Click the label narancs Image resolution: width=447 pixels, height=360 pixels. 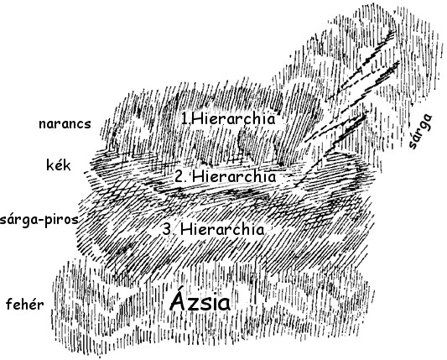(65, 124)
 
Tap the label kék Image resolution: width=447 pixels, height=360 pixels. (59, 165)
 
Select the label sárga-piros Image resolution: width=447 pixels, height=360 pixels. (39, 220)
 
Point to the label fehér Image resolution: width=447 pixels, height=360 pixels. (25, 305)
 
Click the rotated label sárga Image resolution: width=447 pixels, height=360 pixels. (420, 131)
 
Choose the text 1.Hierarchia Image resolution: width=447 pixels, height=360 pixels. (228, 119)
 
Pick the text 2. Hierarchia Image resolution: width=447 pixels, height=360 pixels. (226, 176)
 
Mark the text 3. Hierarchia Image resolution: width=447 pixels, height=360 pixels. (213, 229)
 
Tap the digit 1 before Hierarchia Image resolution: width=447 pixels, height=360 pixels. (185, 119)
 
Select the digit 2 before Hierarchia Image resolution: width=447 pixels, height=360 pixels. (179, 177)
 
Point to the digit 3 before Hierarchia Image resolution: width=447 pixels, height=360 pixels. (167, 230)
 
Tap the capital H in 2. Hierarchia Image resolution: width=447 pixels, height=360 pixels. (198, 177)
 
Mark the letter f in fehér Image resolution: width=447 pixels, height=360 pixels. (9, 305)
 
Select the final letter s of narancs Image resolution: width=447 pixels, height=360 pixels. (88, 126)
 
